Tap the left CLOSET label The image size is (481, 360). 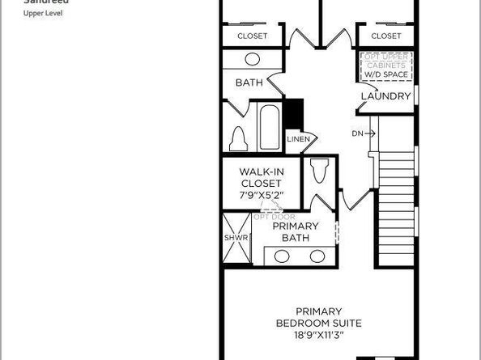tap(253, 36)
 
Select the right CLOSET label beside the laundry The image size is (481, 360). tap(386, 36)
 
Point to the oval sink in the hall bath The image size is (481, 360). tap(253, 59)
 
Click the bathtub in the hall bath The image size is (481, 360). tap(268, 126)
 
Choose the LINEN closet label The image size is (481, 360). tap(297, 139)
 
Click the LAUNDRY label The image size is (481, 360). tap(386, 96)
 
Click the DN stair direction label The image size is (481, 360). tap(358, 133)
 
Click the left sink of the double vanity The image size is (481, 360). tap(283, 256)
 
